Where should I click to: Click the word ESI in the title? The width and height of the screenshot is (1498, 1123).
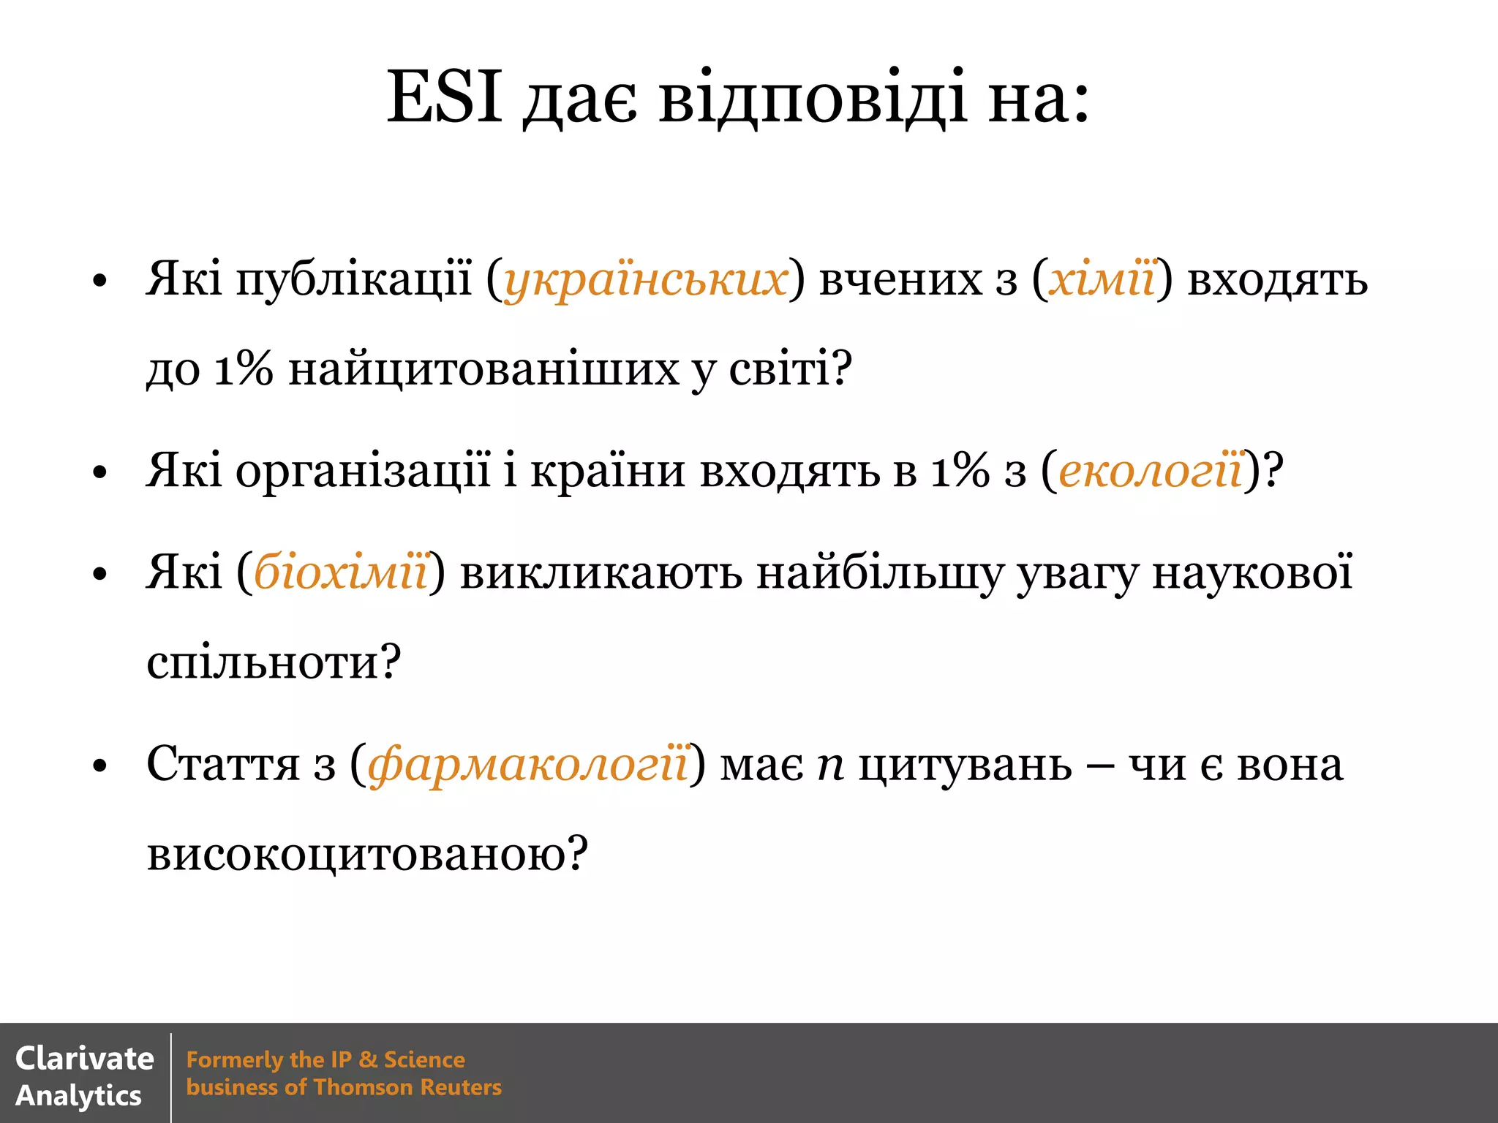point(444,97)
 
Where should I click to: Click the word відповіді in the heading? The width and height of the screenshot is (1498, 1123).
point(813,99)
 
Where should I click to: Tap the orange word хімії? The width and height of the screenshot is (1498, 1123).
point(1102,280)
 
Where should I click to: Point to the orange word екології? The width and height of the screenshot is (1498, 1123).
point(1151,470)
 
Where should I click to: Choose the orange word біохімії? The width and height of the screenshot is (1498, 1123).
point(341,572)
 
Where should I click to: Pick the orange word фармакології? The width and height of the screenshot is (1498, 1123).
point(528,764)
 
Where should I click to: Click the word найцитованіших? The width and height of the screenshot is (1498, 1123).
point(483,369)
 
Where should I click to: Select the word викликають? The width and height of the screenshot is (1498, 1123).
point(601,572)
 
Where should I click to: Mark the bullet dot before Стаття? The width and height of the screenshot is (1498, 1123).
point(100,766)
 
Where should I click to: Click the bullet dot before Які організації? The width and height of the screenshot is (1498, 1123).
point(100,472)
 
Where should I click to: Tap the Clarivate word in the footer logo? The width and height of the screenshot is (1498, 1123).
point(85,1059)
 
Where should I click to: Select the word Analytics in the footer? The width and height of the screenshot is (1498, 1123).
point(78,1096)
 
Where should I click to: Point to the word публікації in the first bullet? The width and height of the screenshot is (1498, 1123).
point(354,280)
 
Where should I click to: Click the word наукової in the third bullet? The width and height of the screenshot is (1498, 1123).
point(1252,572)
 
